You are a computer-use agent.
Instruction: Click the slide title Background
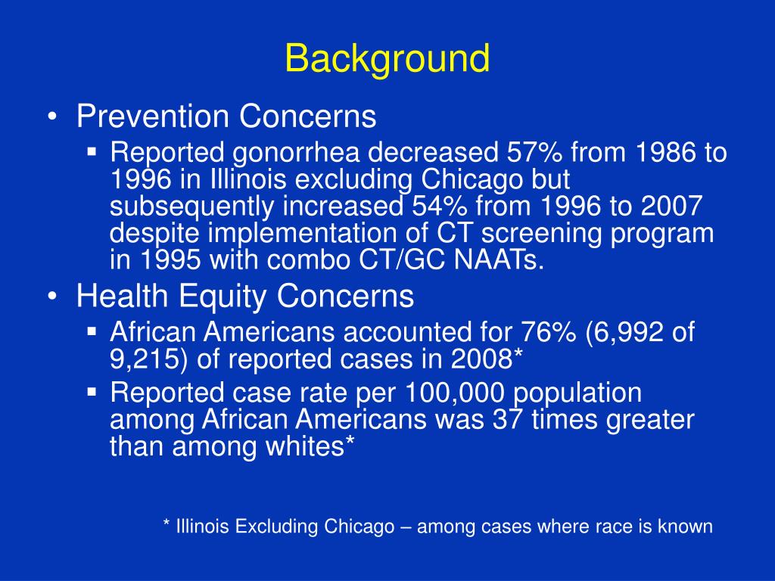click(x=387, y=60)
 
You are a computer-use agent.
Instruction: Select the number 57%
click(x=534, y=154)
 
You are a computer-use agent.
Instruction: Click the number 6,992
click(x=621, y=332)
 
